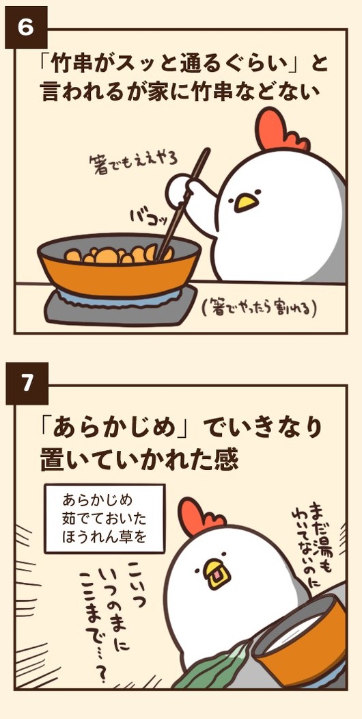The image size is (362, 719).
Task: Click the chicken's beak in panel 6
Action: click(x=244, y=202)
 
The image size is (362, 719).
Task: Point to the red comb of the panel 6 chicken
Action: click(x=277, y=130)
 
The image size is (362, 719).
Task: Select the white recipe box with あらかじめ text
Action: click(x=105, y=518)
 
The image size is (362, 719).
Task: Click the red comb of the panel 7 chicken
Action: click(x=197, y=517)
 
